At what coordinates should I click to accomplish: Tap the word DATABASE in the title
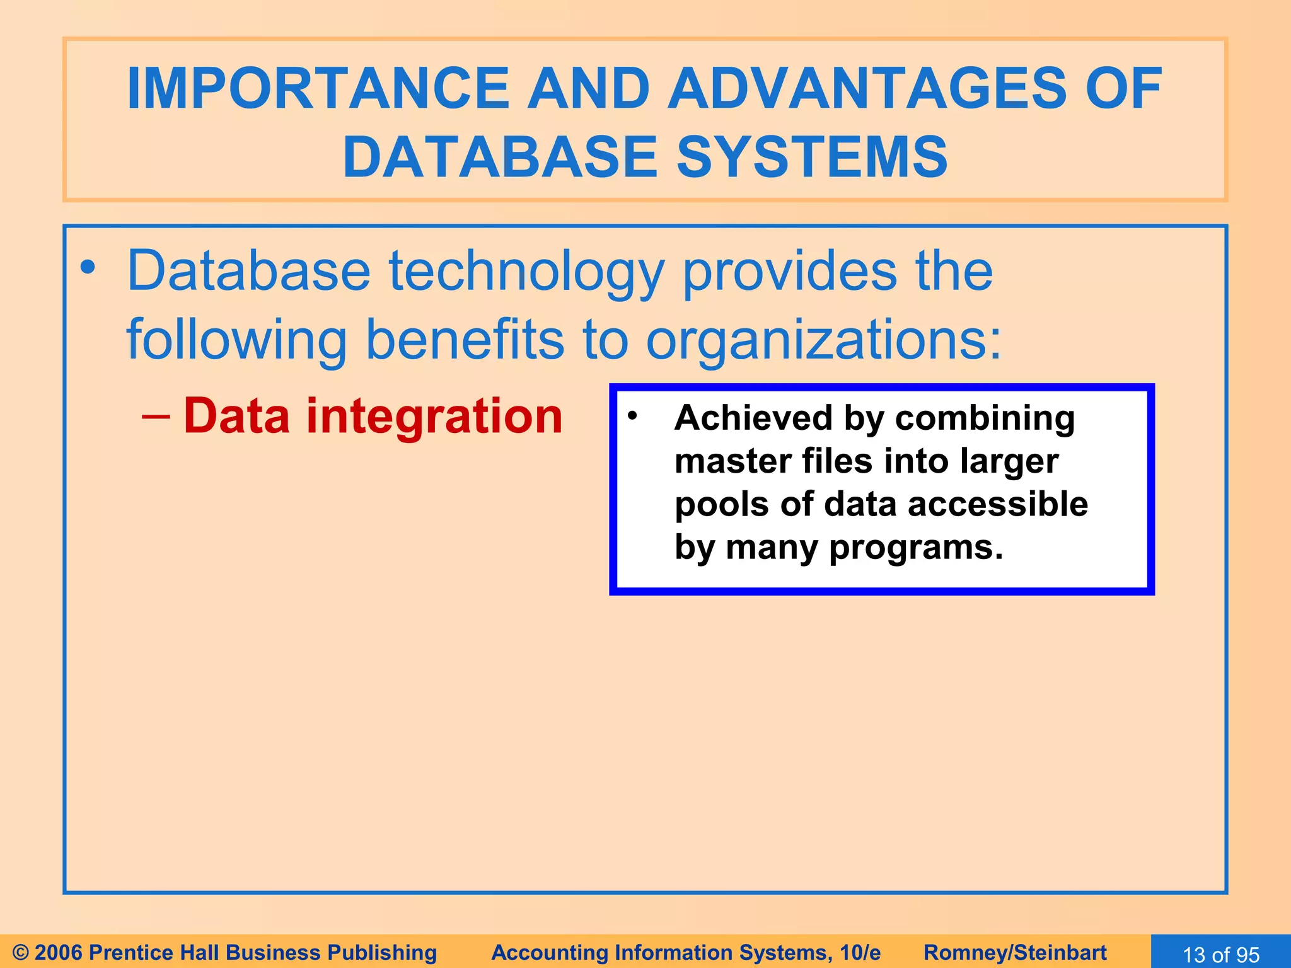tap(501, 158)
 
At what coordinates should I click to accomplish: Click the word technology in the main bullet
tap(526, 272)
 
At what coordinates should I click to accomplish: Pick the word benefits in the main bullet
tap(465, 340)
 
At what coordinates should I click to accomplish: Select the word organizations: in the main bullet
tap(823, 340)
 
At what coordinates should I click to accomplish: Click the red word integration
tap(434, 417)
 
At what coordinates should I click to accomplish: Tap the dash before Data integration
tap(156, 417)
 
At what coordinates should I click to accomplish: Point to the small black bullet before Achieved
tap(633, 415)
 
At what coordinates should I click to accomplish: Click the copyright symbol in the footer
tap(20, 952)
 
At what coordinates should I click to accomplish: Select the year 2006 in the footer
tap(59, 952)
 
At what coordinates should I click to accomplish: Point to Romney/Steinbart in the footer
tap(1015, 952)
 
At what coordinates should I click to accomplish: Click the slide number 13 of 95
tap(1220, 954)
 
